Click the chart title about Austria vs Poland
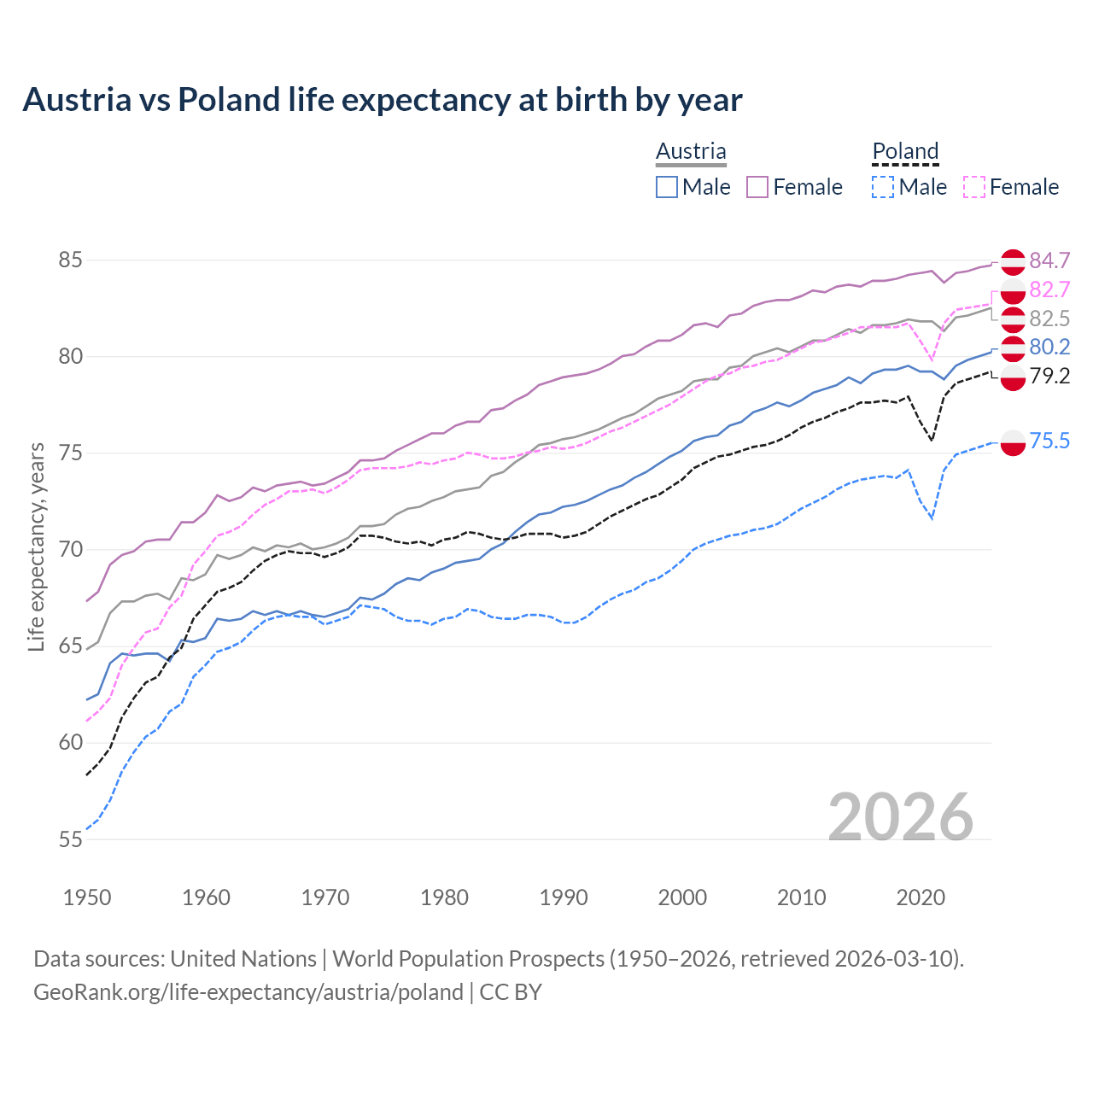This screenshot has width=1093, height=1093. coord(382,100)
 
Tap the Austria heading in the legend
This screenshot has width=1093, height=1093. coord(691,151)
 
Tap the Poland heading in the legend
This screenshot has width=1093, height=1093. coord(905,151)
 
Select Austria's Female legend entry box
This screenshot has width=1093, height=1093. coord(757,187)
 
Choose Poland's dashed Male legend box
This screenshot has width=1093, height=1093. coord(883,187)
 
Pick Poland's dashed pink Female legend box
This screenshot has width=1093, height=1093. coord(974,187)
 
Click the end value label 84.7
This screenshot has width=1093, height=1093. coord(1049,260)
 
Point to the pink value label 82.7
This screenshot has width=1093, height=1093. coord(1049,289)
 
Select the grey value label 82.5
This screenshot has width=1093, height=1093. coord(1049,319)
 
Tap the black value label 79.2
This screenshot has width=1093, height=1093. coord(1049,376)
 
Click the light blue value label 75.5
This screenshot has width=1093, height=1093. coord(1049,441)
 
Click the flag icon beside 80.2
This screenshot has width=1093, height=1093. coord(1013,348)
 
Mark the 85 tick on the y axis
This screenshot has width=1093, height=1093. coord(70,260)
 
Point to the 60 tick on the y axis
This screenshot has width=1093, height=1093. coord(70,743)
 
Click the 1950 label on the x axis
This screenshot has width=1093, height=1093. coord(87,897)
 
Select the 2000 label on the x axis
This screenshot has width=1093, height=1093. coord(682,897)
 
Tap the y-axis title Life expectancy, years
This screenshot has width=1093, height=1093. coord(36,546)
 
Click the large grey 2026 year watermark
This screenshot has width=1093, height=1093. coord(901,817)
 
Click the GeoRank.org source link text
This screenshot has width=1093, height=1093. coord(248,992)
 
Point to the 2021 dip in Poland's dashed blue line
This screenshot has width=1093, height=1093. coord(932,517)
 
